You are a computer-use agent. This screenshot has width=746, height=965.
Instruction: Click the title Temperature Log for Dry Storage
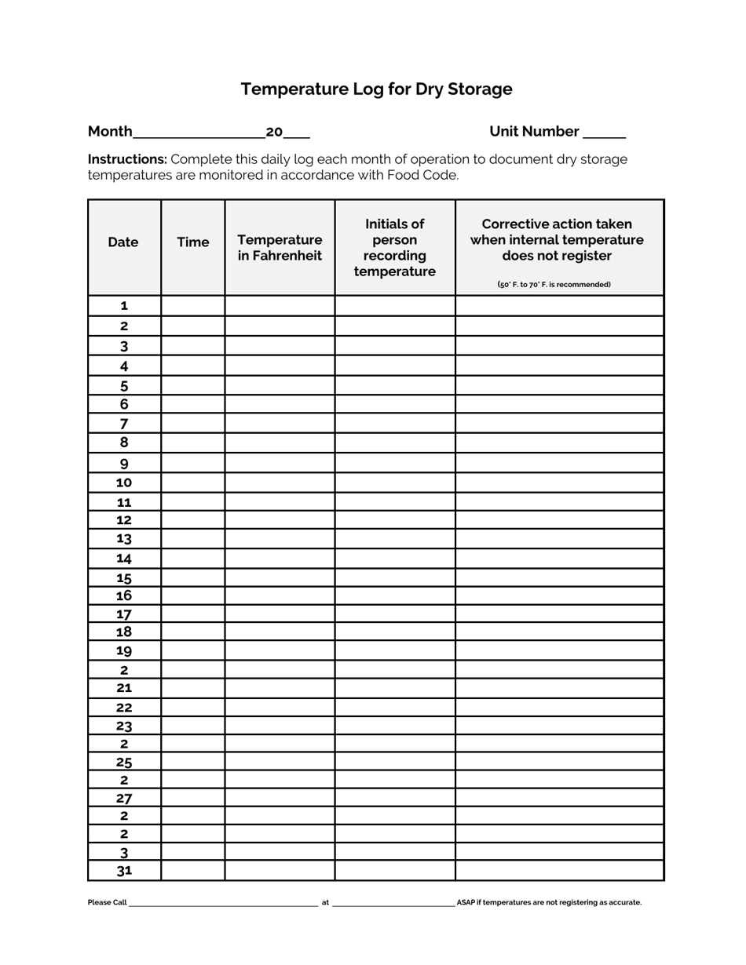click(x=376, y=89)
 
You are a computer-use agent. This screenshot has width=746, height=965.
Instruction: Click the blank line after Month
click(x=199, y=133)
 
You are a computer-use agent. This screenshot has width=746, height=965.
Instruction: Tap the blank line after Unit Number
click(x=604, y=133)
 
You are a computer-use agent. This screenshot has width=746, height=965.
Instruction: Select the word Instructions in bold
click(x=127, y=159)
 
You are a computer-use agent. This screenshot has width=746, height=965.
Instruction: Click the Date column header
click(x=123, y=242)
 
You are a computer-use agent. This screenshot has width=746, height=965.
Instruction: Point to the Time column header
click(x=193, y=242)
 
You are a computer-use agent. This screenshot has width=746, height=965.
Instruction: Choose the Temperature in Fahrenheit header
click(x=280, y=248)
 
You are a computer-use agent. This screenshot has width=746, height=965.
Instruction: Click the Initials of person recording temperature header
click(x=394, y=248)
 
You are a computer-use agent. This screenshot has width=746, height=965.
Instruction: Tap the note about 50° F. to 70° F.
click(x=554, y=284)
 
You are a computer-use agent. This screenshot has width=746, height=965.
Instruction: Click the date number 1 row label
click(x=124, y=306)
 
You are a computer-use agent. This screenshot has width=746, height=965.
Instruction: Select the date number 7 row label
click(x=124, y=424)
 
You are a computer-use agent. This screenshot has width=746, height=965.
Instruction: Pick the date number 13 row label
click(x=124, y=539)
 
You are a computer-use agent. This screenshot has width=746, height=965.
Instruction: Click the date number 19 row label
click(x=124, y=650)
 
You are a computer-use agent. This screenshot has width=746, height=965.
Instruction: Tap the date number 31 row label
click(x=124, y=871)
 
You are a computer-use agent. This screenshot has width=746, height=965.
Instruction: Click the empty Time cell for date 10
click(x=193, y=482)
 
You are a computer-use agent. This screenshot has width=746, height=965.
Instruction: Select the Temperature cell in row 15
click(x=280, y=577)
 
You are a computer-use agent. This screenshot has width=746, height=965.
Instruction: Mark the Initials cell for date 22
click(x=394, y=707)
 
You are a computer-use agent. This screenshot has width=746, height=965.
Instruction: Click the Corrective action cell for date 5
click(x=559, y=385)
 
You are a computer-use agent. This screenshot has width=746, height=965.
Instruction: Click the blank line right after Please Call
click(x=223, y=903)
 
